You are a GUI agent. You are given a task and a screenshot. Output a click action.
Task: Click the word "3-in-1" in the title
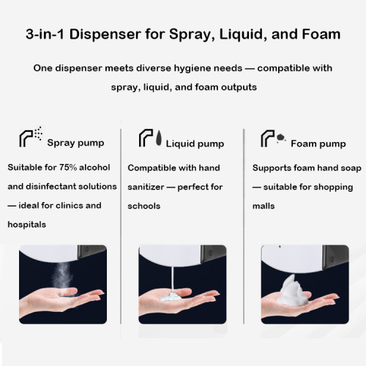point(45,34)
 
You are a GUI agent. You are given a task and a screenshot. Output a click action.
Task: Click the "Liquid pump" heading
point(195,143)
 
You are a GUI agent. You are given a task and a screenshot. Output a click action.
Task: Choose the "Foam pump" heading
point(318,143)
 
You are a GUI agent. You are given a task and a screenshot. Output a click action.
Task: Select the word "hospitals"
point(27,225)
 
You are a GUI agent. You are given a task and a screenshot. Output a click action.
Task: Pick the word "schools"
point(143,206)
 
